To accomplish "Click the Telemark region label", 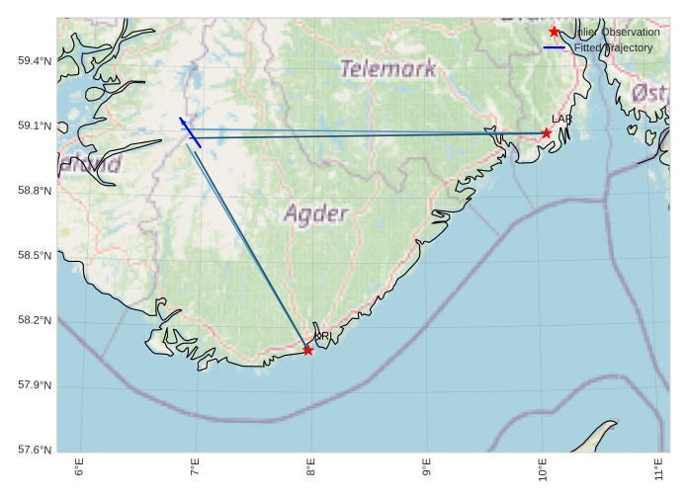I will pos(387,69).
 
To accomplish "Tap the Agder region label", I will pos(316,213).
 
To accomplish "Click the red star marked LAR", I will pos(547,132).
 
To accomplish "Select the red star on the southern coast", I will pos(308,350).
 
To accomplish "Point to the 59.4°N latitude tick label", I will pos(35,61).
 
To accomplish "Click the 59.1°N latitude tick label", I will pos(35,125).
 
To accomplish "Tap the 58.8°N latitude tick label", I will pos(35,191).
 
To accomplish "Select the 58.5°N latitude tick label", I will pos(35,256).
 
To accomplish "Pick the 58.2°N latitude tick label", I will pos(35,320).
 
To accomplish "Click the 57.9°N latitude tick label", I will pos(35,385).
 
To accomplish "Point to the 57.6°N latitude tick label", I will pos(35,451).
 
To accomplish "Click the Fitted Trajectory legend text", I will pos(613,47).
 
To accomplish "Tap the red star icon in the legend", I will pos(554,32).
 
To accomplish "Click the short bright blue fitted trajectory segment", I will pos(191,133).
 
